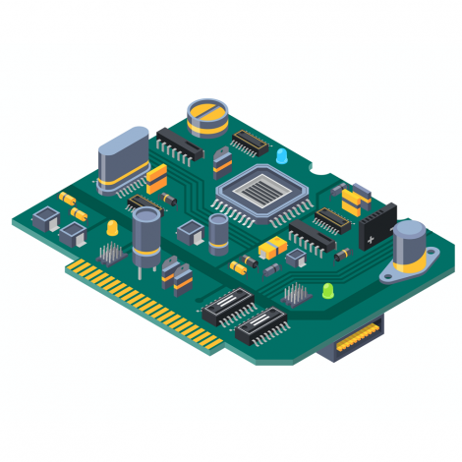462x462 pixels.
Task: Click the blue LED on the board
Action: pos(281,156)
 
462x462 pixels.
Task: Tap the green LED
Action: pos(327,291)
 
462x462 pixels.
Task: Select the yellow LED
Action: pos(112,227)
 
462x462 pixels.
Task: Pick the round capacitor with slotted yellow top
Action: pos(209,115)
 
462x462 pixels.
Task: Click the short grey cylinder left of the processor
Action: pos(218,234)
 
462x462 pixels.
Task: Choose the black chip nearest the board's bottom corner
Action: pos(261,322)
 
